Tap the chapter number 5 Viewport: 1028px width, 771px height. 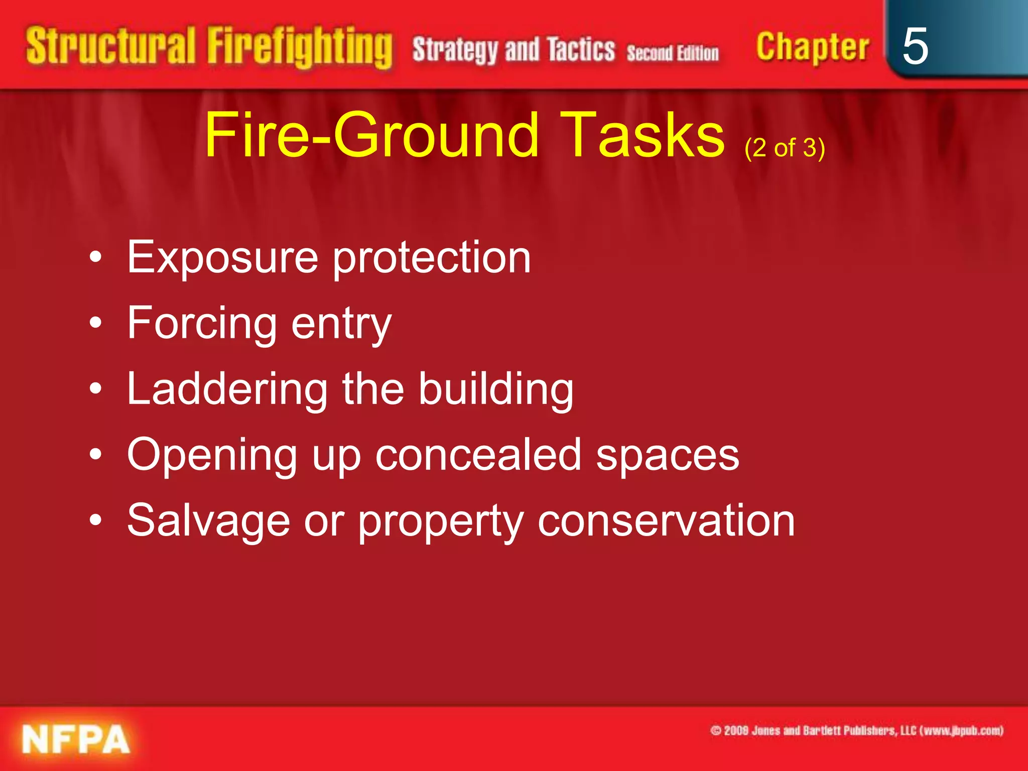(915, 46)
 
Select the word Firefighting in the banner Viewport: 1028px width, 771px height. (300, 48)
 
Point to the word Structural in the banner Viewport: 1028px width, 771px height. (110, 46)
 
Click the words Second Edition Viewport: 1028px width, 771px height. (673, 53)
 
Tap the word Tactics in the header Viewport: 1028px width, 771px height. (581, 50)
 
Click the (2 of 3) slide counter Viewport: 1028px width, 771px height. (785, 148)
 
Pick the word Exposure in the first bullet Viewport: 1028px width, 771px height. (222, 258)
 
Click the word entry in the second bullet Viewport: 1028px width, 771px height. (341, 324)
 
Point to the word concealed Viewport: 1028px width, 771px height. (478, 455)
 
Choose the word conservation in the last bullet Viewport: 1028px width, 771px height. (666, 521)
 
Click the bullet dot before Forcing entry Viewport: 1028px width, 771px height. (95, 324)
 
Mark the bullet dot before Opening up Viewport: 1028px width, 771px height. (95, 455)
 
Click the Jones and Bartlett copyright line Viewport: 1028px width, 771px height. (856, 731)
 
